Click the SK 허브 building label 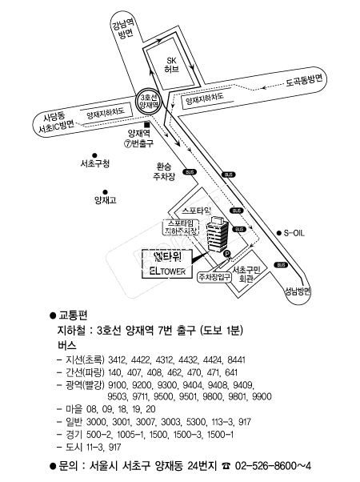pos(171,65)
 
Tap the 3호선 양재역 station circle pos(149,101)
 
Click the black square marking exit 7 pos(147,124)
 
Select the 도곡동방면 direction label pos(304,81)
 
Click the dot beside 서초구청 pos(94,155)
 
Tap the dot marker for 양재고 pos(105,192)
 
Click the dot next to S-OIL pos(278,233)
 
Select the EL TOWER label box pos(167,264)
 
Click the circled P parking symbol pos(226,254)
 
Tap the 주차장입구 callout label pos(214,277)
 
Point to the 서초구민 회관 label pos(246,275)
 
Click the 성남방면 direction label pos(298,291)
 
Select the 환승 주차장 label pos(164,171)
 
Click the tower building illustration pos(218,235)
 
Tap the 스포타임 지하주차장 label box pos(181,227)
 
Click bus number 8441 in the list pos(236,359)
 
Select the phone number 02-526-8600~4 pos(273,466)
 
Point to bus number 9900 pos(262,396)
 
